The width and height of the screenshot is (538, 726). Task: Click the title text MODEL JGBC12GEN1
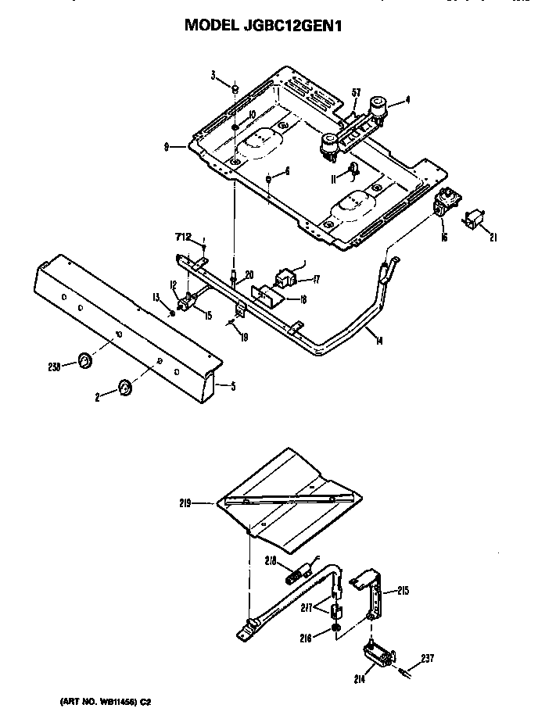[264, 25]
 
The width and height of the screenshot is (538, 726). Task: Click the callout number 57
[355, 94]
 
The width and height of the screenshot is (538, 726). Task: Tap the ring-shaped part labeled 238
[82, 361]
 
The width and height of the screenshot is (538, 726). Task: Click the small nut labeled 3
[234, 89]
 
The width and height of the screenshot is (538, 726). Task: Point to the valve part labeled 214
[378, 650]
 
